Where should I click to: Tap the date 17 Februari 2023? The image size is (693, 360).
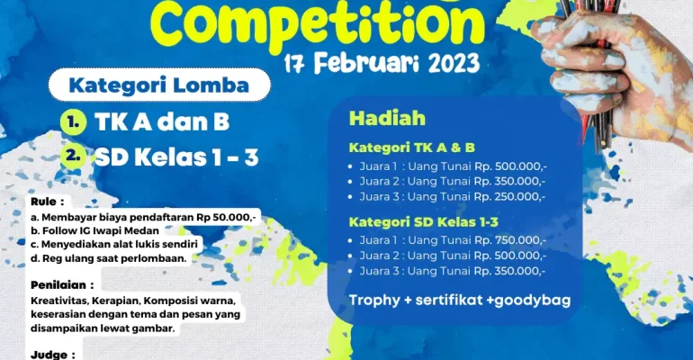[382, 64]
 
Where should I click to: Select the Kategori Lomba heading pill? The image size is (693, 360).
[159, 85]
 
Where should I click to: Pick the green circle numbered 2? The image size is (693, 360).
[73, 156]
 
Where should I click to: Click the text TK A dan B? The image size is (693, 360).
[162, 121]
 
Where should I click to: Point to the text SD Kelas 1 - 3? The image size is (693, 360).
[176, 157]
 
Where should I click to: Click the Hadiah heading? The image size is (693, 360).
[387, 118]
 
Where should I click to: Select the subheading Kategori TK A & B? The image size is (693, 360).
[412, 147]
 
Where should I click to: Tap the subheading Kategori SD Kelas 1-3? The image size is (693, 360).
[423, 221]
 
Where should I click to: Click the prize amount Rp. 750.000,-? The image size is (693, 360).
[510, 240]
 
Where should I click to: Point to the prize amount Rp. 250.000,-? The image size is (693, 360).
[509, 196]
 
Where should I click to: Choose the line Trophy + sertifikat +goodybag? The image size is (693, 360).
[460, 301]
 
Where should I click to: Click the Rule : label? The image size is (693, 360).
[48, 202]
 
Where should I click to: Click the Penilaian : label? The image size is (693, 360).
[62, 285]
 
